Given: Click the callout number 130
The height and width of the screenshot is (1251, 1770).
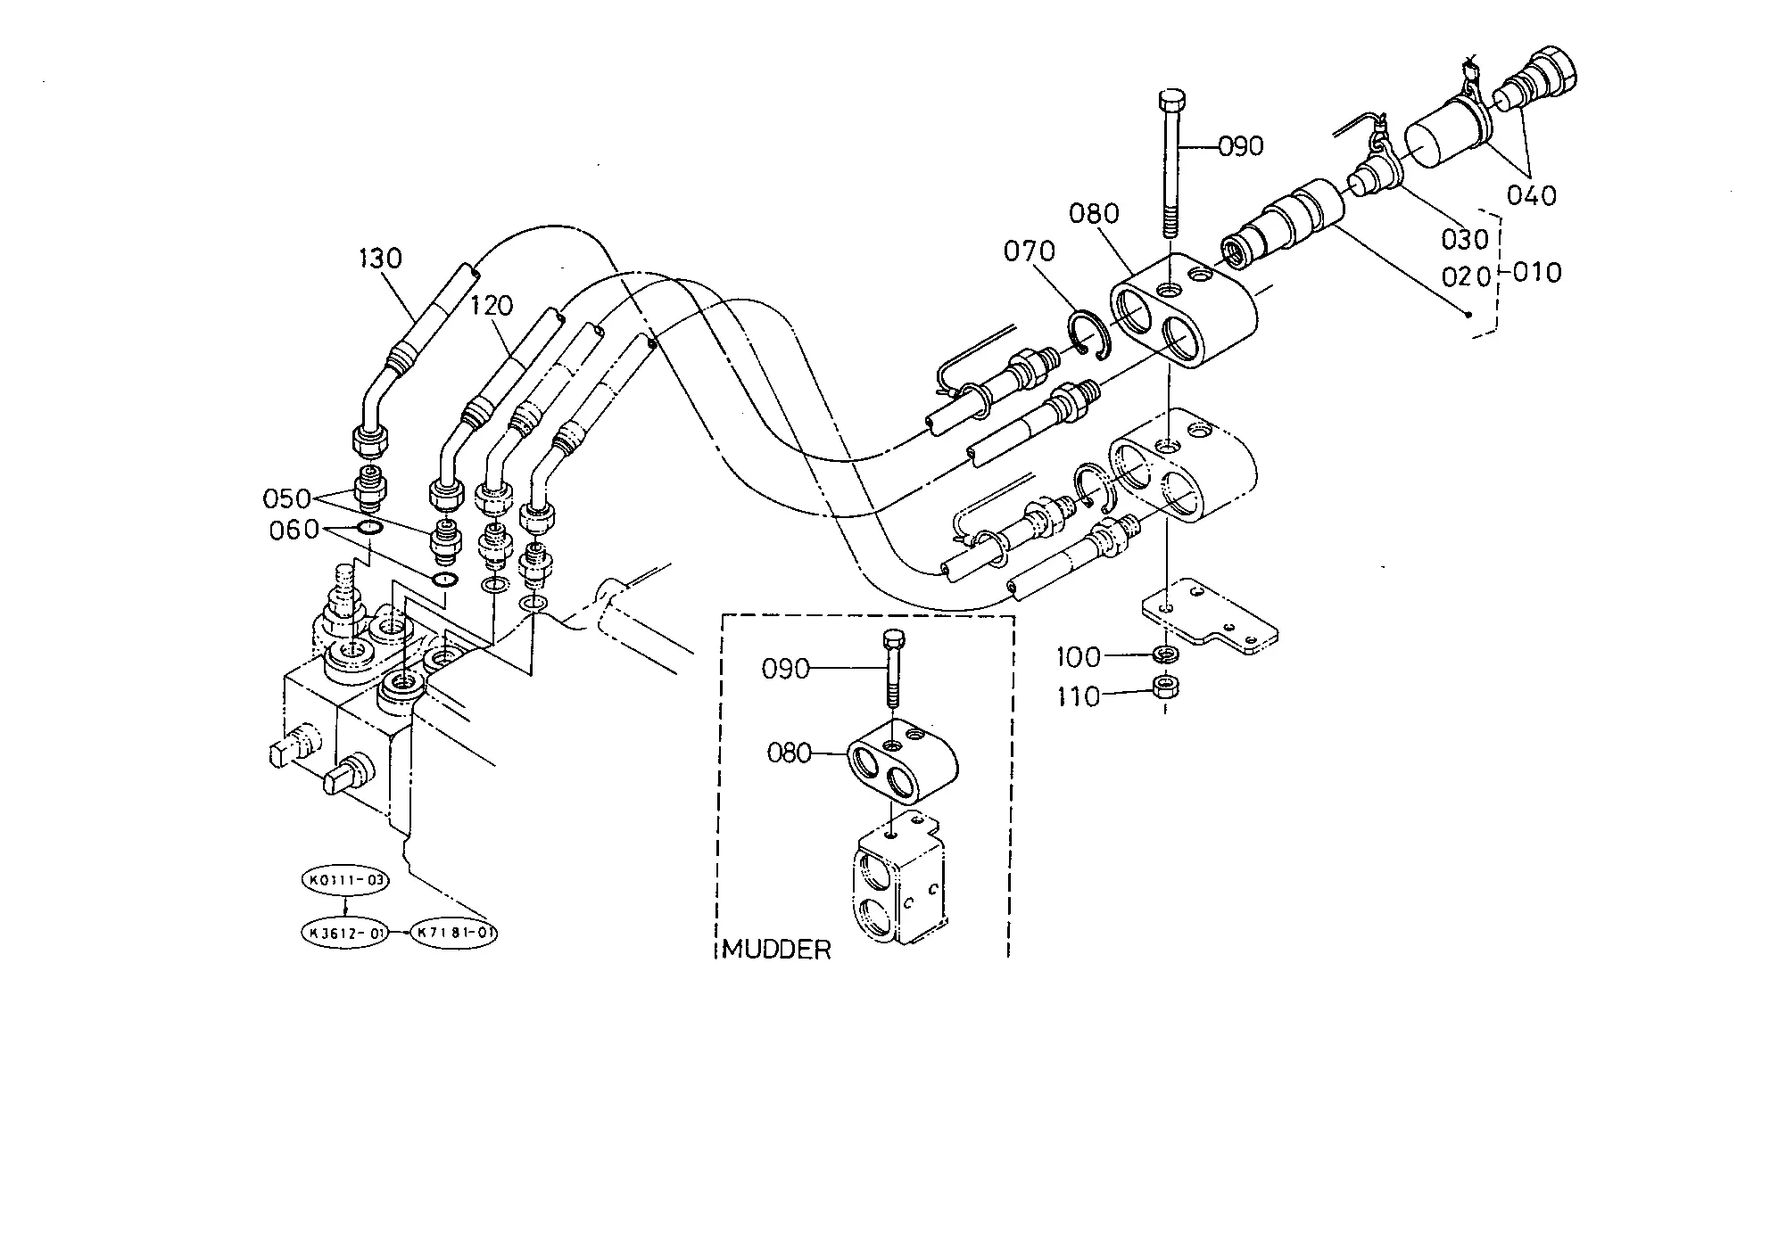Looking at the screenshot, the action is pyautogui.click(x=381, y=259).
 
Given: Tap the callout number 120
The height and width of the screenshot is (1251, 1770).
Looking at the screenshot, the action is pyautogui.click(x=492, y=306).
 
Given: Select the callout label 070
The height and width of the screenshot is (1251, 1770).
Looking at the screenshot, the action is pyautogui.click(x=1030, y=251).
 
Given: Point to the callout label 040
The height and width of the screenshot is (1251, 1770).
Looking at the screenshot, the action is pyautogui.click(x=1531, y=194).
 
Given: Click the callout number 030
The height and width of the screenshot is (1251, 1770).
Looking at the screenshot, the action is pyautogui.click(x=1466, y=239).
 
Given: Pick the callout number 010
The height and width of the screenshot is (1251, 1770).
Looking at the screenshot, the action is pyautogui.click(x=1537, y=272).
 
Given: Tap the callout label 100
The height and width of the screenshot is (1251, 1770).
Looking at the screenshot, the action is pyautogui.click(x=1079, y=658).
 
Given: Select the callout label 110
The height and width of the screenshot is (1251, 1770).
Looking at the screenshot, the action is pyautogui.click(x=1079, y=696).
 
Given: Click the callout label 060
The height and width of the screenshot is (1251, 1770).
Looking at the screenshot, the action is pyautogui.click(x=294, y=531).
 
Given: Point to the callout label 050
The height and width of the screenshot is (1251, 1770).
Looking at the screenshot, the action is pyautogui.click(x=287, y=498).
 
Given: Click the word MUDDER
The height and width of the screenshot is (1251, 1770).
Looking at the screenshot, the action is pyautogui.click(x=776, y=950).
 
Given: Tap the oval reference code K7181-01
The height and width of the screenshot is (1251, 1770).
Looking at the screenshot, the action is pyautogui.click(x=453, y=934).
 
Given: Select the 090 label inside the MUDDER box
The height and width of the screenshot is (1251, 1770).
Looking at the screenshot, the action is pyautogui.click(x=786, y=669).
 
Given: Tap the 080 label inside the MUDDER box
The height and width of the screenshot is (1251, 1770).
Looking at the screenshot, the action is pyautogui.click(x=790, y=753).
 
